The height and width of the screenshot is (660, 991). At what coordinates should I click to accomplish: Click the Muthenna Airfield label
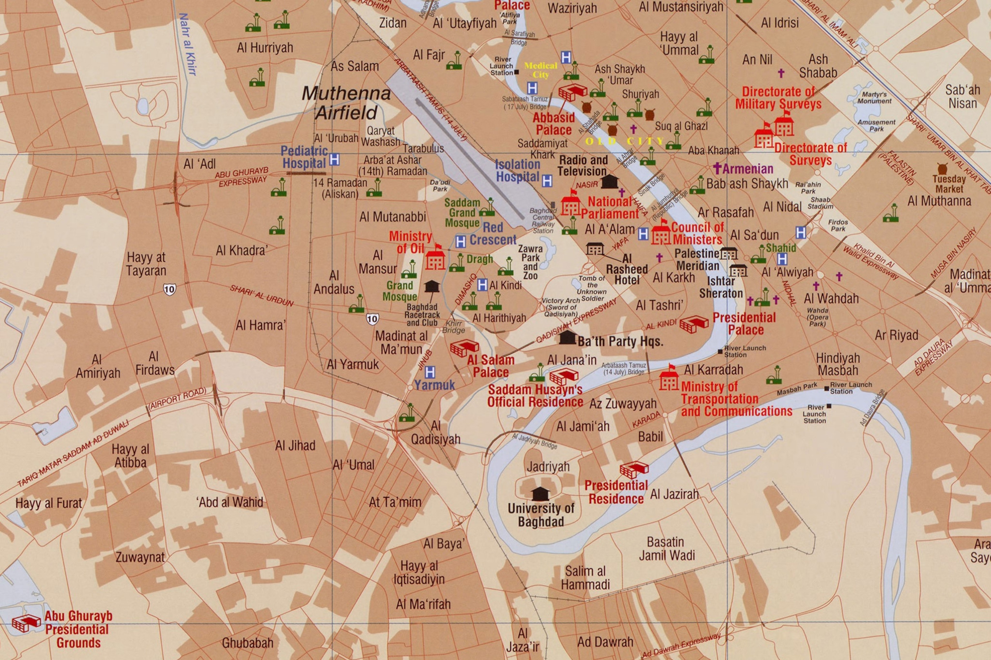tap(346, 103)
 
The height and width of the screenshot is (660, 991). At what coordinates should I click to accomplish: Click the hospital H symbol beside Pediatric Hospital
tap(335, 160)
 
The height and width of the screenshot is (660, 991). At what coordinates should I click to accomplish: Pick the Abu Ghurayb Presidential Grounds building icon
tap(26, 623)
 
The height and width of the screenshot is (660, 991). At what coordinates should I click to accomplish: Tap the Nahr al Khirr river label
tap(188, 44)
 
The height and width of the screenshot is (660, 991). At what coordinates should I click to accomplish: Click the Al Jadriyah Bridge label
tap(534, 441)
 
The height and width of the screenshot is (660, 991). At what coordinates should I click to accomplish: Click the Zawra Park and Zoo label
tap(530, 262)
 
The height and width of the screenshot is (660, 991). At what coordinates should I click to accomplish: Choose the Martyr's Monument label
tap(874, 98)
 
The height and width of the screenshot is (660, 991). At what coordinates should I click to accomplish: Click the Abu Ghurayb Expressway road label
tap(242, 177)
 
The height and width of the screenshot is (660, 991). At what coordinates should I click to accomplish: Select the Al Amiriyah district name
tap(98, 366)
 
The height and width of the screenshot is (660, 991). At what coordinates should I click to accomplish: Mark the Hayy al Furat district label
tap(49, 503)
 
